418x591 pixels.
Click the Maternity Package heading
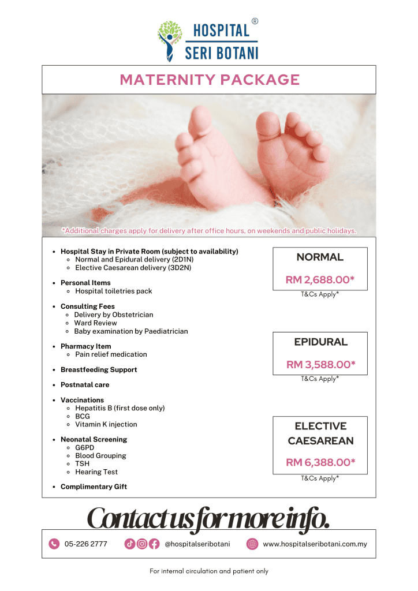tap(209, 80)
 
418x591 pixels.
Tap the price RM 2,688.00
tap(320, 280)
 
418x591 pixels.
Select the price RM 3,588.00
tap(320, 364)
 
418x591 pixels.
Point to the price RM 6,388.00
tap(320, 462)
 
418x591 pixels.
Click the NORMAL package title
tap(320, 257)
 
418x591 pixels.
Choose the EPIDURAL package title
tap(320, 342)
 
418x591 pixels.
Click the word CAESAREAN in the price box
tap(320, 441)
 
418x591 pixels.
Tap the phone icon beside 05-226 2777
tap(54, 544)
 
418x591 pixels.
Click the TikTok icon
tap(130, 544)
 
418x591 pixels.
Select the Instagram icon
tap(142, 544)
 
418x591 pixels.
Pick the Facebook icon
tap(154, 544)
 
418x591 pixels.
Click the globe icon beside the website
tap(252, 544)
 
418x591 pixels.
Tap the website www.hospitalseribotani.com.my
tap(315, 544)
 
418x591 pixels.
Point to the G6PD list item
tap(85, 447)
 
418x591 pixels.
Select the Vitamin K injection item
tap(106, 424)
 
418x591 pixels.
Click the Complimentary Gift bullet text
tap(94, 487)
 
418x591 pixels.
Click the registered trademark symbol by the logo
tap(255, 21)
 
